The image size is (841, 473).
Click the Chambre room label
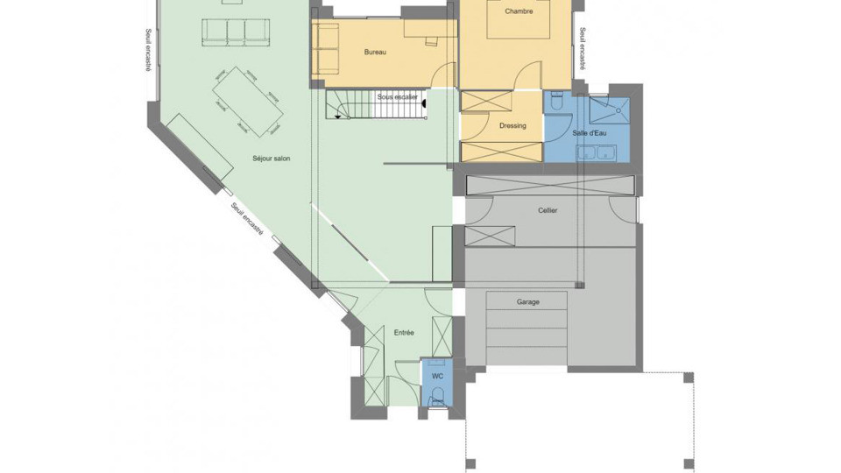pyautogui.click(x=519, y=11)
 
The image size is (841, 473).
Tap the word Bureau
pyautogui.click(x=375, y=53)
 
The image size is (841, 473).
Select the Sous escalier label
pyautogui.click(x=397, y=96)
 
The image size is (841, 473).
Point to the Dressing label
pyautogui.click(x=512, y=125)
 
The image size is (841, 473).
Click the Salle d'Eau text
pyautogui.click(x=590, y=133)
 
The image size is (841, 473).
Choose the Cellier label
pyautogui.click(x=548, y=210)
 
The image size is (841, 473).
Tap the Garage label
pyautogui.click(x=527, y=301)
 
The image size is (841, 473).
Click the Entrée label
pyautogui.click(x=404, y=333)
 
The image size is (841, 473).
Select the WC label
pyautogui.click(x=437, y=376)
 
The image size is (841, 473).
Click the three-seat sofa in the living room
pyautogui.click(x=236, y=32)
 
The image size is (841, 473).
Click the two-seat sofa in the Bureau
pyautogui.click(x=327, y=49)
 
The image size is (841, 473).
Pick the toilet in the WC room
pyautogui.click(x=438, y=395)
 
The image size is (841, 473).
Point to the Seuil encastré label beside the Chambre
pyautogui.click(x=583, y=49)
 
